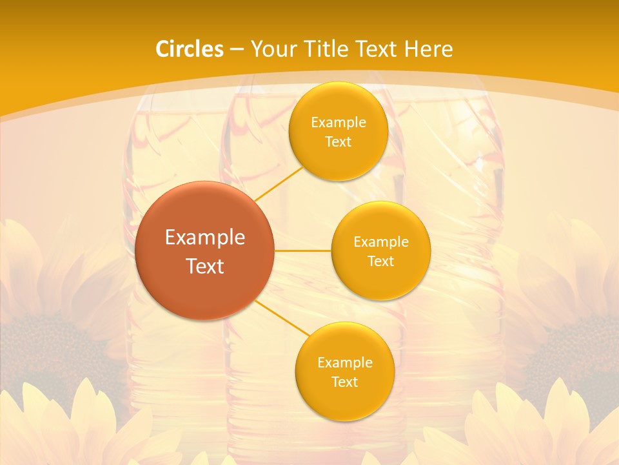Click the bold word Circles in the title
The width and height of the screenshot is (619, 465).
pyautogui.click(x=190, y=49)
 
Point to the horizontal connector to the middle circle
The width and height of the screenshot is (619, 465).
pyautogui.click(x=302, y=251)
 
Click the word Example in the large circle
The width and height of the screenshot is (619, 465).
pyautogui.click(x=205, y=238)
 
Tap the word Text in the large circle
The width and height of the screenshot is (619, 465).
pyautogui.click(x=205, y=266)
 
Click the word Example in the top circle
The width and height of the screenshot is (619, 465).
pyautogui.click(x=338, y=123)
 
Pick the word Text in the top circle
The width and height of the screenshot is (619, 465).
pyautogui.click(x=338, y=142)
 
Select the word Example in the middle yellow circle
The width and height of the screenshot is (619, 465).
pyautogui.click(x=380, y=242)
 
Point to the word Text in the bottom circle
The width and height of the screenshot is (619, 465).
pyautogui.click(x=344, y=382)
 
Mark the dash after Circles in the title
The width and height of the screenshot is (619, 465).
pyautogui.click(x=236, y=49)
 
